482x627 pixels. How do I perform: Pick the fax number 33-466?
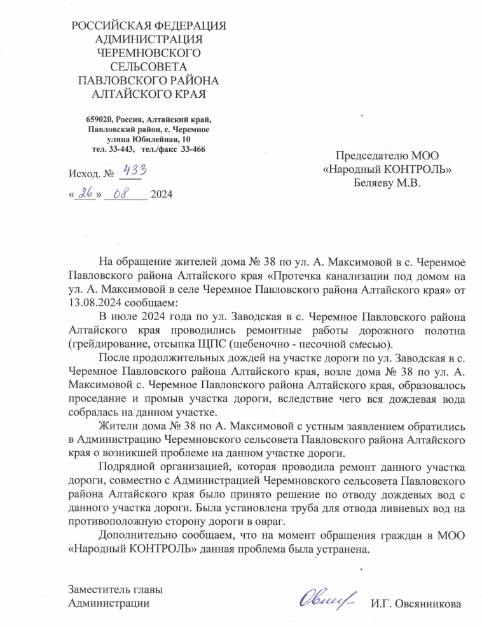(x=191, y=149)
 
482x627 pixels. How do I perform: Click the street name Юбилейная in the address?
(x=154, y=139)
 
